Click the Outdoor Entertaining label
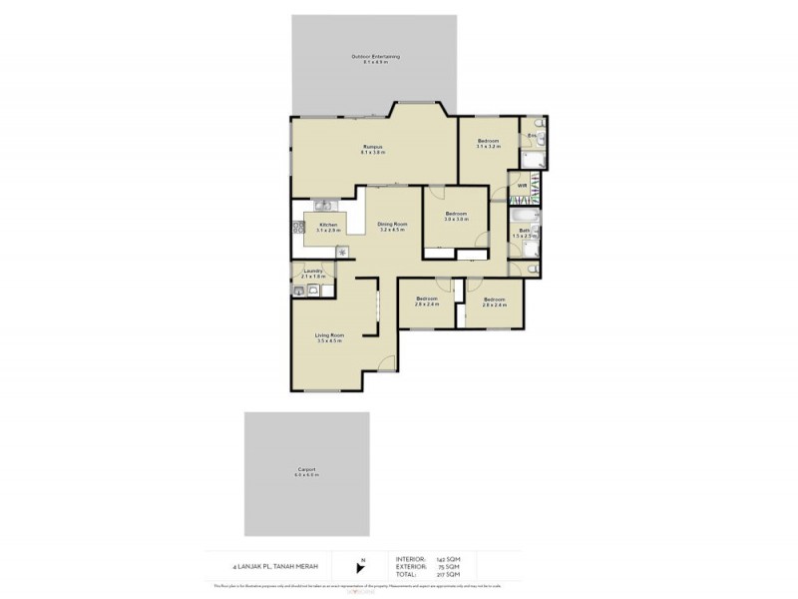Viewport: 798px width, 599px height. (x=375, y=57)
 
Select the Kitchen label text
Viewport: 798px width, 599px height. (x=329, y=225)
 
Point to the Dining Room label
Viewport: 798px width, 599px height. (x=392, y=224)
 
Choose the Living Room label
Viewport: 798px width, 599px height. (x=329, y=334)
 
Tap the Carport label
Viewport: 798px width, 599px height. (x=306, y=469)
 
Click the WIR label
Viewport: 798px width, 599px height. (x=522, y=186)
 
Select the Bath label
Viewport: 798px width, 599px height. (x=524, y=231)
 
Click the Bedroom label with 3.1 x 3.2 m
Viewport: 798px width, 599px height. (x=488, y=141)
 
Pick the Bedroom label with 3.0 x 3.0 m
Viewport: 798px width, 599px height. (x=456, y=214)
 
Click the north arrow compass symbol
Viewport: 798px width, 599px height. (x=362, y=564)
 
